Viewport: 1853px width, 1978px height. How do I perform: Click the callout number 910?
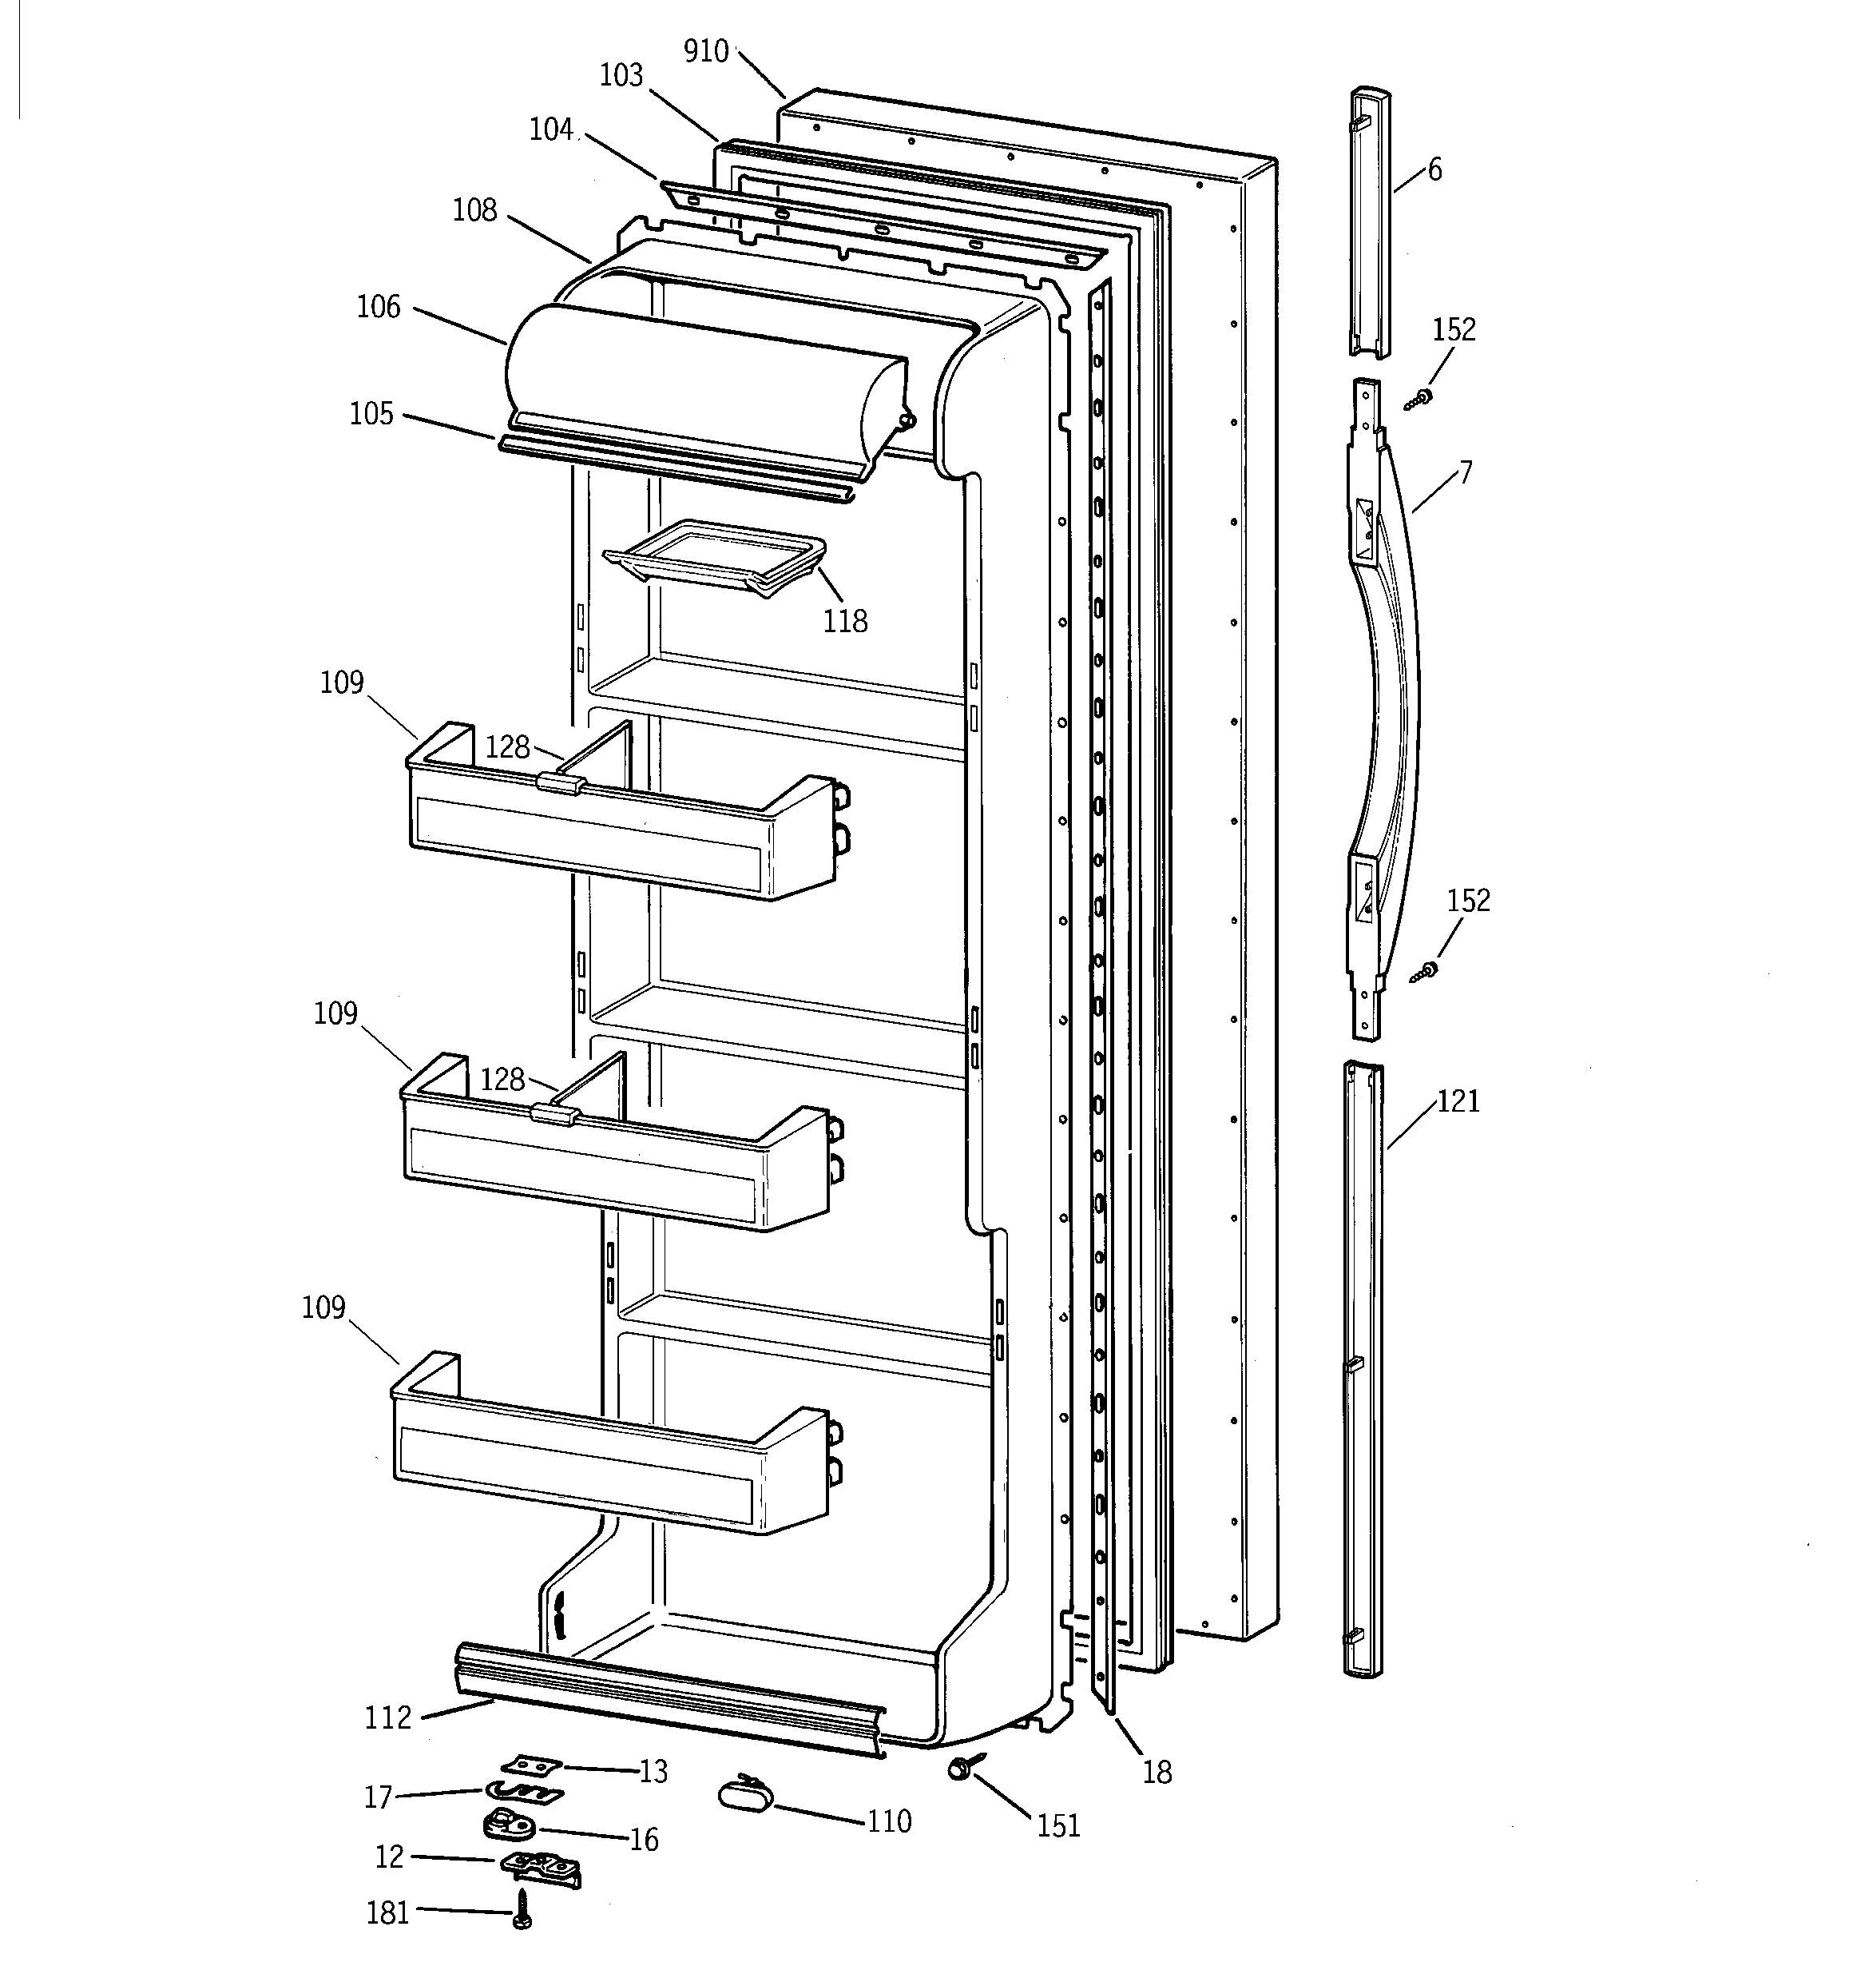tap(706, 50)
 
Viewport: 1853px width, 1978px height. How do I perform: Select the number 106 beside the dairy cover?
tap(378, 306)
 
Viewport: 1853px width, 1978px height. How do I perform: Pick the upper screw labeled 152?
tap(1420, 399)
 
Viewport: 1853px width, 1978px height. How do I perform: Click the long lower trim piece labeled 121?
tap(1362, 1373)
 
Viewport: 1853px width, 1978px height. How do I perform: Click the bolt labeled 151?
tap(962, 1768)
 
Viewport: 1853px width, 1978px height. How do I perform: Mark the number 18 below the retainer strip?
tap(1157, 1772)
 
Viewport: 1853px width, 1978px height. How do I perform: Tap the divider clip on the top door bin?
tap(559, 782)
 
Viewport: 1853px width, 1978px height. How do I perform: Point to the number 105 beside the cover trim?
tap(371, 414)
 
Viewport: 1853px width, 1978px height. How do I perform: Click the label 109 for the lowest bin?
tap(323, 1307)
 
